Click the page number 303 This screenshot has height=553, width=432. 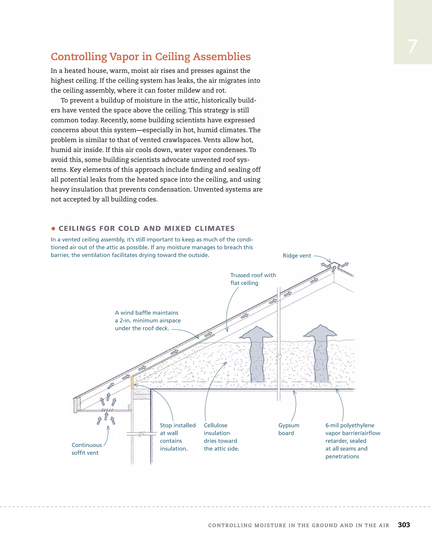tap(404, 525)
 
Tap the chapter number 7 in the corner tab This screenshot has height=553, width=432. tap(413, 47)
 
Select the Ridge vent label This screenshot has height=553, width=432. tap(297, 256)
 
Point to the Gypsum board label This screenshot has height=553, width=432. tap(289, 429)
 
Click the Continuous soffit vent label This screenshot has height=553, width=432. tap(86, 449)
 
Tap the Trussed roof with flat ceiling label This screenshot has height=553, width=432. tap(253, 279)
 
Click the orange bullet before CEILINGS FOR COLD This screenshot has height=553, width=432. tap(53, 229)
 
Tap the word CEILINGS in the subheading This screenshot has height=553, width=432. tap(77, 228)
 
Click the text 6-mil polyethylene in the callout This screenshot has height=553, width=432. tap(350, 425)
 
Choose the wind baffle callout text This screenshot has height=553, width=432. tap(147, 320)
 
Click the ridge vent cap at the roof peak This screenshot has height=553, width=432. tap(335, 264)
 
